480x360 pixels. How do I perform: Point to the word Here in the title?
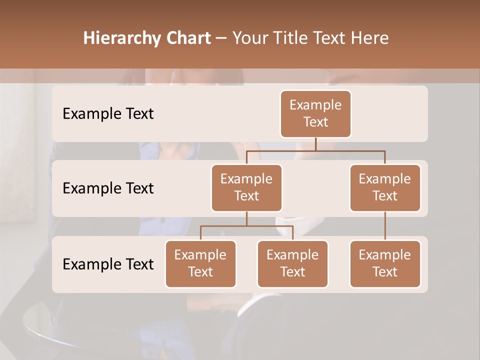[x=370, y=38]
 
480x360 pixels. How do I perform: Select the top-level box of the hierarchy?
[x=315, y=113]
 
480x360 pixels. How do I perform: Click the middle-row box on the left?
[x=246, y=187]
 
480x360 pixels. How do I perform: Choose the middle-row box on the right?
[x=385, y=187]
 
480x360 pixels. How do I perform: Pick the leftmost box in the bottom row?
[x=200, y=263]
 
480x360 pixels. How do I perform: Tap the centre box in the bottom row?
[x=292, y=263]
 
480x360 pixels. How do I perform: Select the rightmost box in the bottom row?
[x=385, y=263]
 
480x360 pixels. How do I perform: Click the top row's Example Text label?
[x=108, y=114]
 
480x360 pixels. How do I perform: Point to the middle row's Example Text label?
[x=108, y=188]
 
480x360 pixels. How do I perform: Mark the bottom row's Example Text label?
[x=108, y=264]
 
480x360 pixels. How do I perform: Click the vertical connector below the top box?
[x=315, y=144]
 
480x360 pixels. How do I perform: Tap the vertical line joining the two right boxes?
[x=385, y=226]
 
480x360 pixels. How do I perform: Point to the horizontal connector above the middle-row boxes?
[x=315, y=150]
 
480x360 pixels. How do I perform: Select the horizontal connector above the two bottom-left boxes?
[x=246, y=226]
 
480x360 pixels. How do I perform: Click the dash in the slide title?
[x=221, y=38]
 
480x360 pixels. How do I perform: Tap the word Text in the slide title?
[x=327, y=38]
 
